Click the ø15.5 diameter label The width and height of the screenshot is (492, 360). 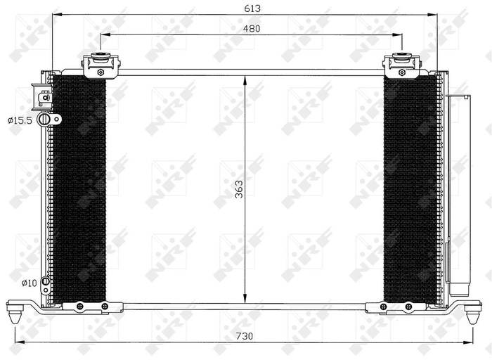(x=20, y=121)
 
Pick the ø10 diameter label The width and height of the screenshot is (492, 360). (x=29, y=283)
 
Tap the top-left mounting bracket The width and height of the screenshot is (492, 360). (x=101, y=66)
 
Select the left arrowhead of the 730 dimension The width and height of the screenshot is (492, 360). (x=18, y=343)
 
